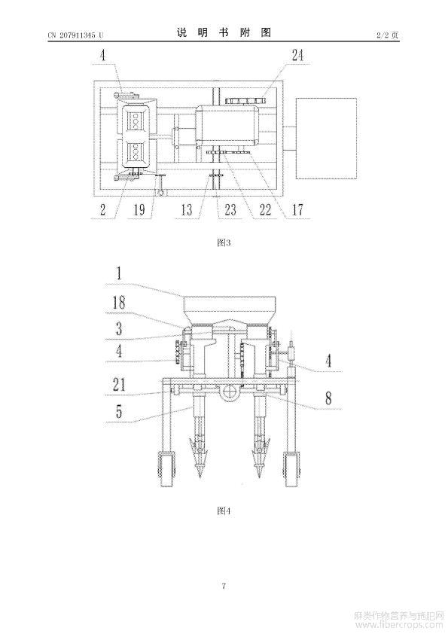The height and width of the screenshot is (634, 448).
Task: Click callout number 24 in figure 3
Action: tap(297, 55)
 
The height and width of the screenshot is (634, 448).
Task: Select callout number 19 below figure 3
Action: tap(139, 209)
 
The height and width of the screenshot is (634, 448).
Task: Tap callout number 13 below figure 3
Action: tap(187, 209)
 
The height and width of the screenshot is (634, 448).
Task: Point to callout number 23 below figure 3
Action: tap(230, 209)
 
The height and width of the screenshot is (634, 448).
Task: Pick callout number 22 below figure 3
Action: tap(265, 209)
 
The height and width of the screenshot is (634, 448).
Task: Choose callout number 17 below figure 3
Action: tap(297, 209)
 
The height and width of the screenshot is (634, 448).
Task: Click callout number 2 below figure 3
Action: tap(102, 209)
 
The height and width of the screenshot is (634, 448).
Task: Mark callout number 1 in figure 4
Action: tap(118, 274)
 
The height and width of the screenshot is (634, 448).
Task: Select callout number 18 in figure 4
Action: tap(119, 303)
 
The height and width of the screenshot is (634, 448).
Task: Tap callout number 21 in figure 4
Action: tap(119, 385)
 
